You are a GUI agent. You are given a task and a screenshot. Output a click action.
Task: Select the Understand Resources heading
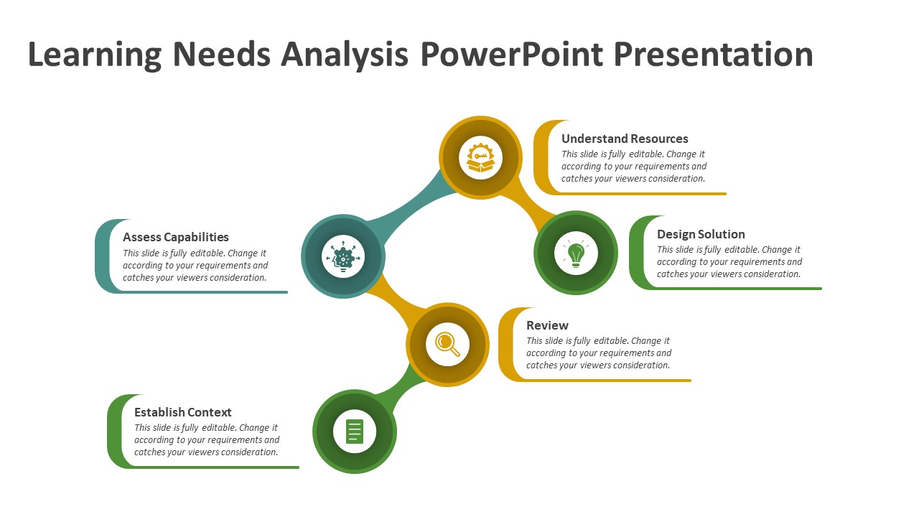click(625, 139)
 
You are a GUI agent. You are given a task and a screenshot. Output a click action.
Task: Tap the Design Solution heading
click(701, 234)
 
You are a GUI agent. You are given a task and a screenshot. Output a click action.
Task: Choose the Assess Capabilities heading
click(176, 237)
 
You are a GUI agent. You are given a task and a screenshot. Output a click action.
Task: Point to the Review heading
click(547, 325)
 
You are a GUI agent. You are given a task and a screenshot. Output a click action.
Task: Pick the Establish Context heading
click(183, 412)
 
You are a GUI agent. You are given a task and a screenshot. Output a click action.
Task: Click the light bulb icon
click(576, 253)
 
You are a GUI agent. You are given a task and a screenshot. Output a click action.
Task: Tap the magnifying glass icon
click(447, 344)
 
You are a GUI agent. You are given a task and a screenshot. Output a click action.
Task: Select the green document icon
click(355, 432)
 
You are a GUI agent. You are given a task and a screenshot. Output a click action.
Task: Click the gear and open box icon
click(481, 157)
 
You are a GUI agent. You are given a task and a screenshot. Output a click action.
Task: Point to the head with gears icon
click(343, 257)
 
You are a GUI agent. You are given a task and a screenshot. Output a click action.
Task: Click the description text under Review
click(598, 353)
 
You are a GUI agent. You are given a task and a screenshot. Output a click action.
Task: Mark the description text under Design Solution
click(729, 262)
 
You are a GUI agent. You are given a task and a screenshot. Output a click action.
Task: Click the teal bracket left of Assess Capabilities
click(103, 256)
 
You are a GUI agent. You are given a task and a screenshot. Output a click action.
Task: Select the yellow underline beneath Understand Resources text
click(646, 193)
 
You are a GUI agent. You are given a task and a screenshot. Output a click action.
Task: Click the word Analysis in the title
click(344, 55)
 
